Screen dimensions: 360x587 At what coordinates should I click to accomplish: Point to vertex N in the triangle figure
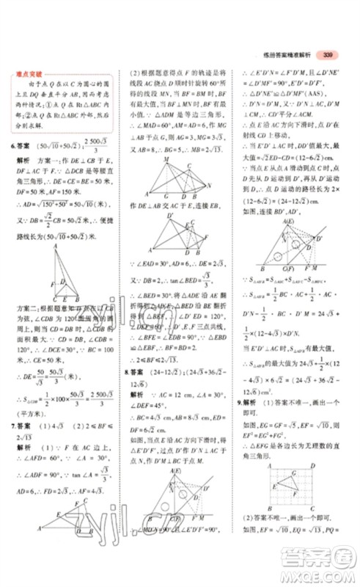click(x=210, y=186)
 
